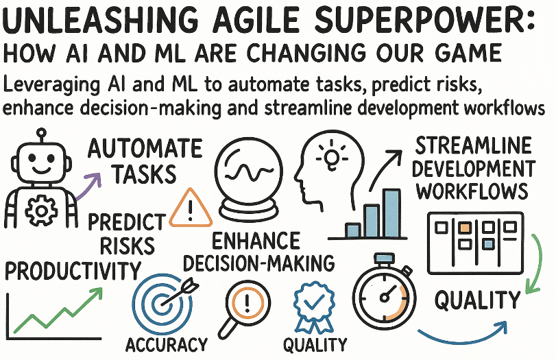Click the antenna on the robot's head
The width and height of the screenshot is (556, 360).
tap(42, 136)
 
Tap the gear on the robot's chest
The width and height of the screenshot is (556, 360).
tap(42, 211)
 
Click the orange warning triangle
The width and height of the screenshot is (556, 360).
tap(191, 208)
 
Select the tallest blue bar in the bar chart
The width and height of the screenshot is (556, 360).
tap(392, 213)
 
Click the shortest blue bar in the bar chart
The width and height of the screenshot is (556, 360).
tap(353, 230)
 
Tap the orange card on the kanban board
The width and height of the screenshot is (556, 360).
tap(465, 227)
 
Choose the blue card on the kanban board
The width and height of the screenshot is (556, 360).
tap(489, 244)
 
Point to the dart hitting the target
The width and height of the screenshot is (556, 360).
tap(181, 293)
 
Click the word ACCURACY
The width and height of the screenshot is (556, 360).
tap(167, 344)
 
